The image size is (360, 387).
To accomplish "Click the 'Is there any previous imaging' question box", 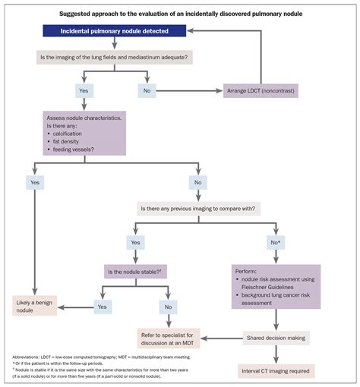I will coord(199,207).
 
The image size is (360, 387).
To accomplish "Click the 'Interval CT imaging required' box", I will coord(275,371).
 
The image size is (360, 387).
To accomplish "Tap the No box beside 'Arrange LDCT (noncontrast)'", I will coord(147,90).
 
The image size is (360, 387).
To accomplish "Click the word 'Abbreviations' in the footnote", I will coord(28,356).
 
